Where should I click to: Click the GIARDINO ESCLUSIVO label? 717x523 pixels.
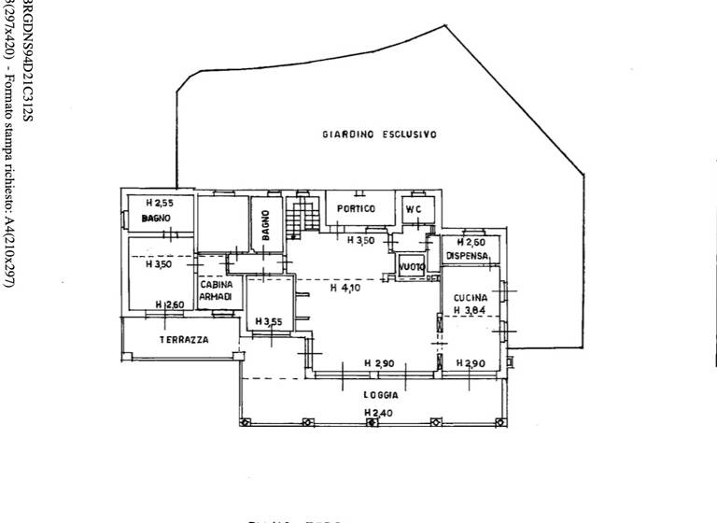pyautogui.click(x=380, y=134)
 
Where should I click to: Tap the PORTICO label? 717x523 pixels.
pyautogui.click(x=356, y=208)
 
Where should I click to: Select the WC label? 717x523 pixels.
pyautogui.click(x=413, y=209)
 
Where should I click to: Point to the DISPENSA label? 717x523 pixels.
pyautogui.click(x=467, y=256)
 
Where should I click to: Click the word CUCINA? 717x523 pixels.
pyautogui.click(x=471, y=298)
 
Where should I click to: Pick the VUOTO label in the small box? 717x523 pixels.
pyautogui.click(x=412, y=267)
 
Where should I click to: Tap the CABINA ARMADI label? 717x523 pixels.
pyautogui.click(x=216, y=290)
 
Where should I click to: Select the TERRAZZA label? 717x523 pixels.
pyautogui.click(x=184, y=340)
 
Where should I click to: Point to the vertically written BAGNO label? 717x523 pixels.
pyautogui.click(x=266, y=225)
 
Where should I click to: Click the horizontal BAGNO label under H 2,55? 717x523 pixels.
pyautogui.click(x=155, y=219)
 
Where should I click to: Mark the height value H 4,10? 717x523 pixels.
pyautogui.click(x=344, y=289)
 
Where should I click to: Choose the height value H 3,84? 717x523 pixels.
pyautogui.click(x=471, y=310)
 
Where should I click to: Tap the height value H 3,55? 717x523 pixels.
pyautogui.click(x=269, y=322)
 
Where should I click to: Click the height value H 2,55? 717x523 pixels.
pyautogui.click(x=160, y=203)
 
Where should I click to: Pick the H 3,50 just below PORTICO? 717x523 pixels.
pyautogui.click(x=361, y=241)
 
